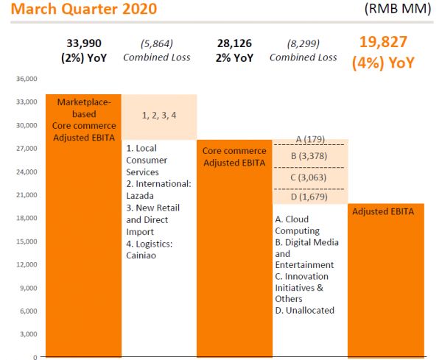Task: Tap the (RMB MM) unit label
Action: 397,11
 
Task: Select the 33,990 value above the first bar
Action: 83,43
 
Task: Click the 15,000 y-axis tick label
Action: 27,241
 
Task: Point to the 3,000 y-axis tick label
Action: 29,334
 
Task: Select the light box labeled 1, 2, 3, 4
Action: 158,116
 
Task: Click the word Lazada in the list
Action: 141,196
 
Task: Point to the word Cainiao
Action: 144,255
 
